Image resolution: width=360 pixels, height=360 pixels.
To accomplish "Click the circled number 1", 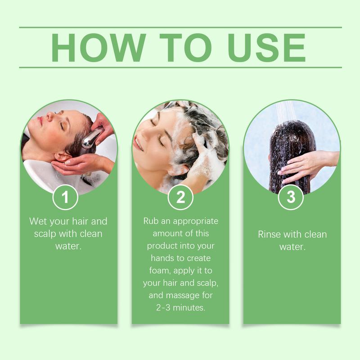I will click(x=66, y=197).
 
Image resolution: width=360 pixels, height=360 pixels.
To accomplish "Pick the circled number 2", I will click(x=180, y=197).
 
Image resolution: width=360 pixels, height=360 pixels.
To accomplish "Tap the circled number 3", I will click(x=291, y=197).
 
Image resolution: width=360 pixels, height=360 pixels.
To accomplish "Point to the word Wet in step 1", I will click(x=39, y=221).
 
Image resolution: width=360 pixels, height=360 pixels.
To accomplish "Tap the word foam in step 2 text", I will click(x=154, y=271).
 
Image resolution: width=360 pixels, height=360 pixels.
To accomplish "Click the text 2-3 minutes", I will click(x=180, y=308).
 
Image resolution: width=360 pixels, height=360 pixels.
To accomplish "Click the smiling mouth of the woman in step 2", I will click(x=139, y=143).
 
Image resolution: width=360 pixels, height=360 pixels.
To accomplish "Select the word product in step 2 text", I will click(x=163, y=247).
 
